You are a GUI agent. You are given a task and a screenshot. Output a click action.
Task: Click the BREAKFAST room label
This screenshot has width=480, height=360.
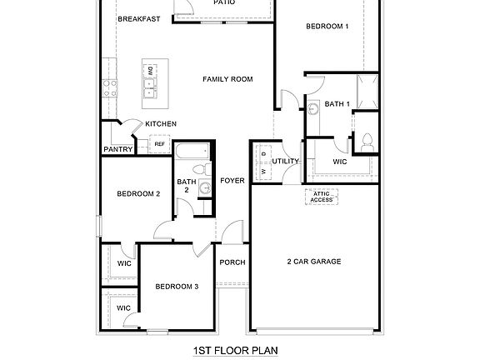point(138,18)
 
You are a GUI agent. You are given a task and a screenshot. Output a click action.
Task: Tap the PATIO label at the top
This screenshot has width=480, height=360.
point(223,3)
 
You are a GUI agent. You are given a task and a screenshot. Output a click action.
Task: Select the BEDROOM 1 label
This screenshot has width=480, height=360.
point(327,27)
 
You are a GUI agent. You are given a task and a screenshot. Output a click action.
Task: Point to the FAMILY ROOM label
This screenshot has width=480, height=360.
point(227,79)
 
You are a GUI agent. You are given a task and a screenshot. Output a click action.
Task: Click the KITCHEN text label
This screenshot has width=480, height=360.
point(161,124)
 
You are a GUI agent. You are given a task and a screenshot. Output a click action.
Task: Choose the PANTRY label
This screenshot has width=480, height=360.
point(118,150)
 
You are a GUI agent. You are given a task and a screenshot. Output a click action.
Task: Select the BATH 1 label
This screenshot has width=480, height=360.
point(337,104)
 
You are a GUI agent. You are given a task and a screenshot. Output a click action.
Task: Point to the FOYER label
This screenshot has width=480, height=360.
point(232,181)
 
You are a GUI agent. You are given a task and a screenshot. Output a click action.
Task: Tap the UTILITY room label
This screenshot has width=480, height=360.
point(286,161)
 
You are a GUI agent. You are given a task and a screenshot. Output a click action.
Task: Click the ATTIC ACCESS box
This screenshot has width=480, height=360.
point(322,197)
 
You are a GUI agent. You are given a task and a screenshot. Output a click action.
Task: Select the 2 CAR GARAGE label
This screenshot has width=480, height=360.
point(313,262)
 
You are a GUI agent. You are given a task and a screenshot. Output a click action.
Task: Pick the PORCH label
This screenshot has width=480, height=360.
point(232,262)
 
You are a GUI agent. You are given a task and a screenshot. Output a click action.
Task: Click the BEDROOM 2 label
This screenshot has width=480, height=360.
point(138,194)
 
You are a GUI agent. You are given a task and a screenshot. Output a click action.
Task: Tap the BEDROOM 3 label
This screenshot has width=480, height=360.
point(177,287)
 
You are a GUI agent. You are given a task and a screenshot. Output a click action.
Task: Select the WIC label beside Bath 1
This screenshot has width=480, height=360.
point(339,162)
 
